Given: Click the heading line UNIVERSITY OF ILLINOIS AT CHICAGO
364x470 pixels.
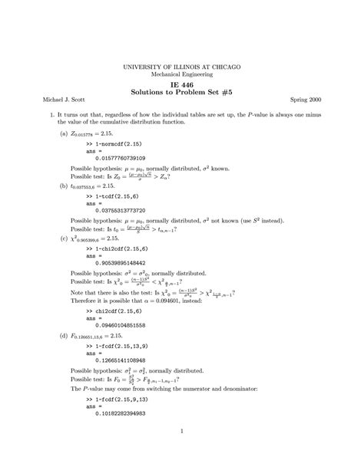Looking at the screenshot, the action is [x=182, y=67].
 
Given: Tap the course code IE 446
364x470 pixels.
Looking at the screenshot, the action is [x=182, y=90].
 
